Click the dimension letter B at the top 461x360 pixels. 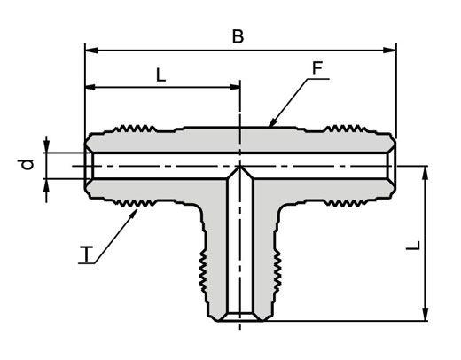click(238, 36)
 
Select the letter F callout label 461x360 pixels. click(317, 68)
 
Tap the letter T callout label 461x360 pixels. click(86, 254)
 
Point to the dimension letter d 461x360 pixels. click(27, 164)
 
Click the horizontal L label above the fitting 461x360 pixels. click(160, 75)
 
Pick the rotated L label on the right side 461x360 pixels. click(413, 246)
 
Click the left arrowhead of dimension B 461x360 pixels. click(91, 51)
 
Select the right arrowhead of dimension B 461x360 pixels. click(389, 51)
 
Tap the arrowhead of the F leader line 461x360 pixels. click(273, 121)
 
